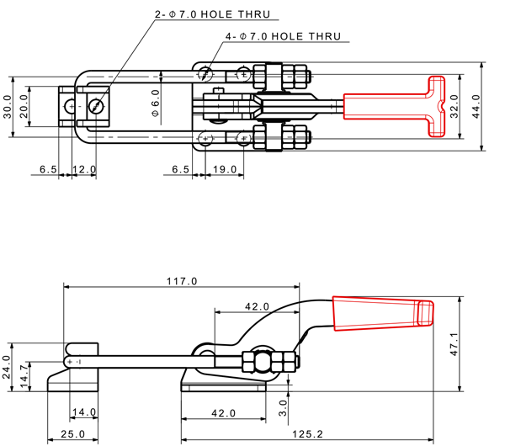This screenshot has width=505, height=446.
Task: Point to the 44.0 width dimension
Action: pyautogui.click(x=476, y=107)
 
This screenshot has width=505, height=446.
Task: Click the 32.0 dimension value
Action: pyautogui.click(x=454, y=107)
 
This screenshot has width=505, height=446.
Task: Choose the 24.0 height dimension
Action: pyautogui.click(x=8, y=368)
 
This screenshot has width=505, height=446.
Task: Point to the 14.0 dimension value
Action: pyautogui.click(x=83, y=412)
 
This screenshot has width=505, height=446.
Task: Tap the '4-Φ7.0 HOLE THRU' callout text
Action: pyautogui.click(x=283, y=37)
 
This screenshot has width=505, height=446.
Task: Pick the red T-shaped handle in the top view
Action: pyautogui.click(x=396, y=106)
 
